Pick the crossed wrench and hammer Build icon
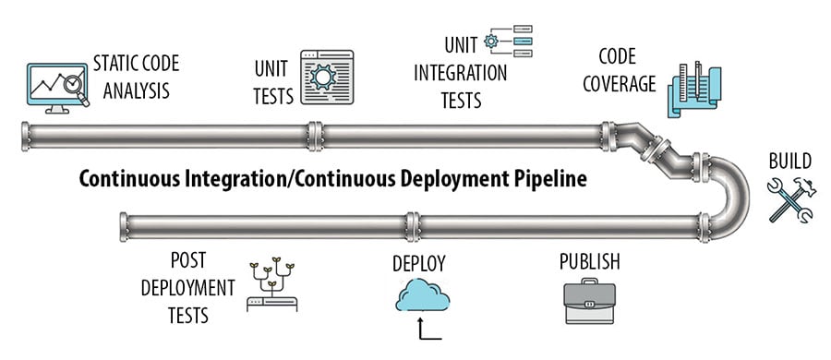click(790, 199)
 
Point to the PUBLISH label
click(589, 261)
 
